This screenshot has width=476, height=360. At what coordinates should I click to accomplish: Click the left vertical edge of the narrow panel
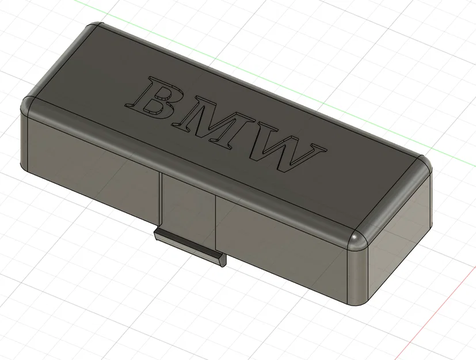160,202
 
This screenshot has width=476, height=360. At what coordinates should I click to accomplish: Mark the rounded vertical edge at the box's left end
24,141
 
